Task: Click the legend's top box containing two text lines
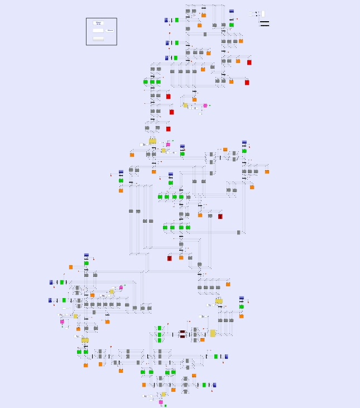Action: coord(98,23)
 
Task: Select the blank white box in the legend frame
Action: coord(98,30)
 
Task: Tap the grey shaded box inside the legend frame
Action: coord(98,39)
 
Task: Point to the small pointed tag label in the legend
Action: coord(110,30)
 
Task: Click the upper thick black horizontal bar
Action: coord(265,22)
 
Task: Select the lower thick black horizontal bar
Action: coord(265,25)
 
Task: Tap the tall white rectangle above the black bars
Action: coord(263,14)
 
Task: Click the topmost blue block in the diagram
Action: coord(232,11)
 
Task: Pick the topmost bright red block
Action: coord(249,63)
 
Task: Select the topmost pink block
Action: coord(205,105)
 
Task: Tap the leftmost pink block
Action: coord(62,321)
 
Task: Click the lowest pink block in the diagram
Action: coord(161,402)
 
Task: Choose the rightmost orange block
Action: coord(267,172)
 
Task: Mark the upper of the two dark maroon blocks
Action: coord(183,332)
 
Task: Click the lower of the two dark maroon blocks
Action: coord(183,337)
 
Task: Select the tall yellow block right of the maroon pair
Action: coord(213,333)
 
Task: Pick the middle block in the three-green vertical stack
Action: coord(160,334)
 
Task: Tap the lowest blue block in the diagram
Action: coord(214,385)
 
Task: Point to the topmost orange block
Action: coord(204,15)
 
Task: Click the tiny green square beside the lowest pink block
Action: coord(165,406)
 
